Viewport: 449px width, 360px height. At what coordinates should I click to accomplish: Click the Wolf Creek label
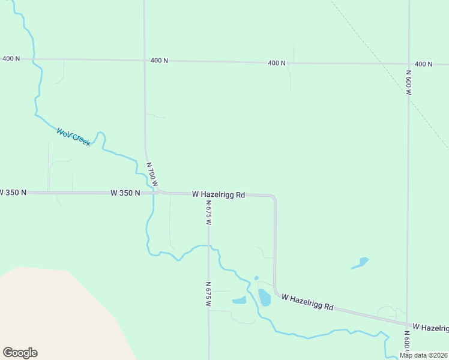[73, 137]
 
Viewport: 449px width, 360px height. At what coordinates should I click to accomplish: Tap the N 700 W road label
[152, 174]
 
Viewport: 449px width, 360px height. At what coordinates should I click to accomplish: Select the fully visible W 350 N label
[125, 193]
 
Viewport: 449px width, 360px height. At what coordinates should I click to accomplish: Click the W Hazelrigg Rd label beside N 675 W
[218, 194]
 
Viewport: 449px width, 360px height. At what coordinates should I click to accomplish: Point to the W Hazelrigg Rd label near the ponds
[307, 302]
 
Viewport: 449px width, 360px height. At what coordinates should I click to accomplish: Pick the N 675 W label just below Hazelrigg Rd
[208, 214]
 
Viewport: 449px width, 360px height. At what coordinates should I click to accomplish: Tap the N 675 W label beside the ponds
[208, 295]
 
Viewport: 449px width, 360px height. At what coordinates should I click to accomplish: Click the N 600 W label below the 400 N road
[408, 83]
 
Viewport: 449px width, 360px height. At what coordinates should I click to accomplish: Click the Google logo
[20, 353]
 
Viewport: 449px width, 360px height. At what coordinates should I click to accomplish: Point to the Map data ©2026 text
[424, 355]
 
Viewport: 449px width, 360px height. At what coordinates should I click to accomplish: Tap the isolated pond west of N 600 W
[361, 262]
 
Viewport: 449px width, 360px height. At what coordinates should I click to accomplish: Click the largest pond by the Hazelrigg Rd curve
[264, 297]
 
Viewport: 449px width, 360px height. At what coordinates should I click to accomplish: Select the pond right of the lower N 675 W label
[239, 300]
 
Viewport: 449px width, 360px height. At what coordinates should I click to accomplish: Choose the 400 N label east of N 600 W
[423, 64]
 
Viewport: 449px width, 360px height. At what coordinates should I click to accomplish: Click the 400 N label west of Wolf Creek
[11, 58]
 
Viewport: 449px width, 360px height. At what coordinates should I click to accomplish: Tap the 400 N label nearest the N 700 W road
[159, 61]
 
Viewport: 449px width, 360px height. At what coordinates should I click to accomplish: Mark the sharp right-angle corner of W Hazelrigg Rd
[274, 196]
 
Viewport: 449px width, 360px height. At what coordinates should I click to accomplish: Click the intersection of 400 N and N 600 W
[409, 64]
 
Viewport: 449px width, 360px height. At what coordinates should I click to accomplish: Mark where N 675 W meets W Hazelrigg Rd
[208, 194]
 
